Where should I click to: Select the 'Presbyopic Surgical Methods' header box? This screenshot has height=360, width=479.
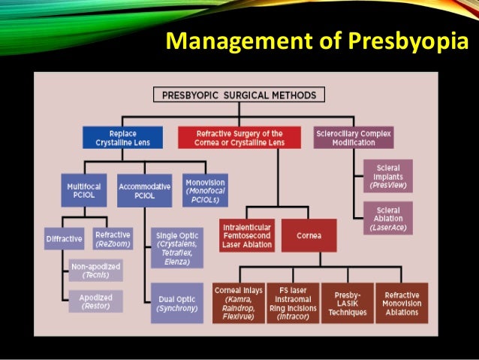pyautogui.click(x=239, y=95)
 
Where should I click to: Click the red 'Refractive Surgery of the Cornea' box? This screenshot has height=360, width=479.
pyautogui.click(x=239, y=138)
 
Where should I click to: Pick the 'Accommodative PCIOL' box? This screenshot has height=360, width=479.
pyautogui.click(x=144, y=190)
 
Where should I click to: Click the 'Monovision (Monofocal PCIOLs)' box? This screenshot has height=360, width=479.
pyautogui.click(x=204, y=190)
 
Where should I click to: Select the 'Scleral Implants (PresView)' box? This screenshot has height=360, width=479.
pyautogui.click(x=387, y=176)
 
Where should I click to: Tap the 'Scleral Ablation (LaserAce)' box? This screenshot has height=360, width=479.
pyautogui.click(x=387, y=217)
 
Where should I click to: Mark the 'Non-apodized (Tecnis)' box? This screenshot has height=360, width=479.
pyautogui.click(x=95, y=270)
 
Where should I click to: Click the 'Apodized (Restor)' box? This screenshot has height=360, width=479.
pyautogui.click(x=95, y=303)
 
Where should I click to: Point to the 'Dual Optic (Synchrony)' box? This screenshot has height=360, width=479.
pyautogui.click(x=176, y=303)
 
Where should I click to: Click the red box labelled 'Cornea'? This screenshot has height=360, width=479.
pyautogui.click(x=308, y=235)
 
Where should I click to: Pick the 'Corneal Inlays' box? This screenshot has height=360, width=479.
pyautogui.click(x=238, y=303)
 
